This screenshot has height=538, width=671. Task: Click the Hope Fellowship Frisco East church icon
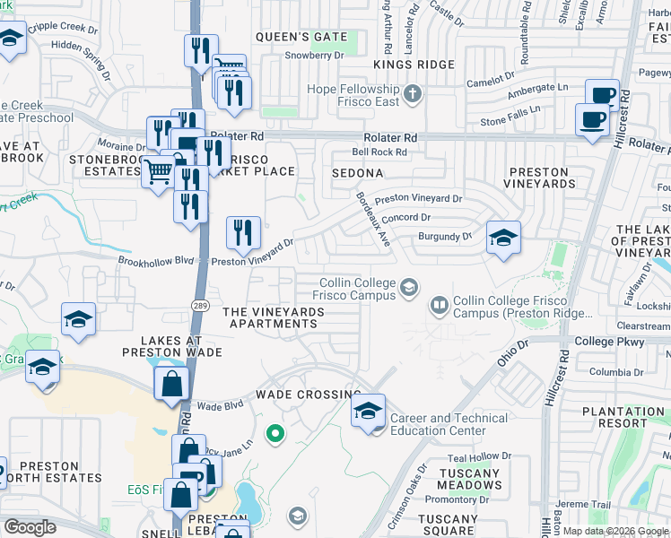412,92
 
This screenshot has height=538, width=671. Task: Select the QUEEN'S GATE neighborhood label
301,37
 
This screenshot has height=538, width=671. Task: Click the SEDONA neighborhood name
358,172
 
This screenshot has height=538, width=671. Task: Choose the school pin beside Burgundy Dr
503,239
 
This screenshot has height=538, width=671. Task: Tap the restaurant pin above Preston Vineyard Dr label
243,234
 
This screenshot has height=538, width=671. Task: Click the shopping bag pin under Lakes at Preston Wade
171,385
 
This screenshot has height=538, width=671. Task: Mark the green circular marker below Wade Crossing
276,435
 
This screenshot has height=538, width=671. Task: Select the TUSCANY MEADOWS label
471,478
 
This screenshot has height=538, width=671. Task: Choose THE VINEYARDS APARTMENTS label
274,317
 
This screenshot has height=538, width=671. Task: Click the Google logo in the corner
30,526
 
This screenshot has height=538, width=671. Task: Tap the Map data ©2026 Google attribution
615,531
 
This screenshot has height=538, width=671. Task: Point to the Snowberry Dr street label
314,56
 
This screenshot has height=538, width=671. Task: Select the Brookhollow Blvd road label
157,261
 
